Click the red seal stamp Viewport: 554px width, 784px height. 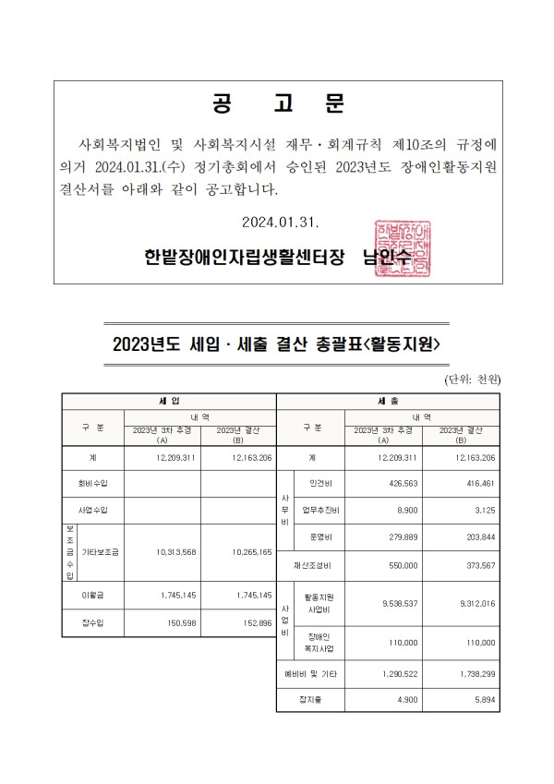[x=402, y=247]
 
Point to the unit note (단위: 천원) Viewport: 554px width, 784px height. [x=472, y=380]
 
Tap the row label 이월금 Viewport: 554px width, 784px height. [x=92, y=595]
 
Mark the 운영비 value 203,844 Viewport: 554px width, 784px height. [x=476, y=537]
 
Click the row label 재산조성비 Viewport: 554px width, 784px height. [x=312, y=565]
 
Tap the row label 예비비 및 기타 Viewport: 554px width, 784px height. [x=312, y=675]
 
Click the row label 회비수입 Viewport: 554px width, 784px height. [x=92, y=482]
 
